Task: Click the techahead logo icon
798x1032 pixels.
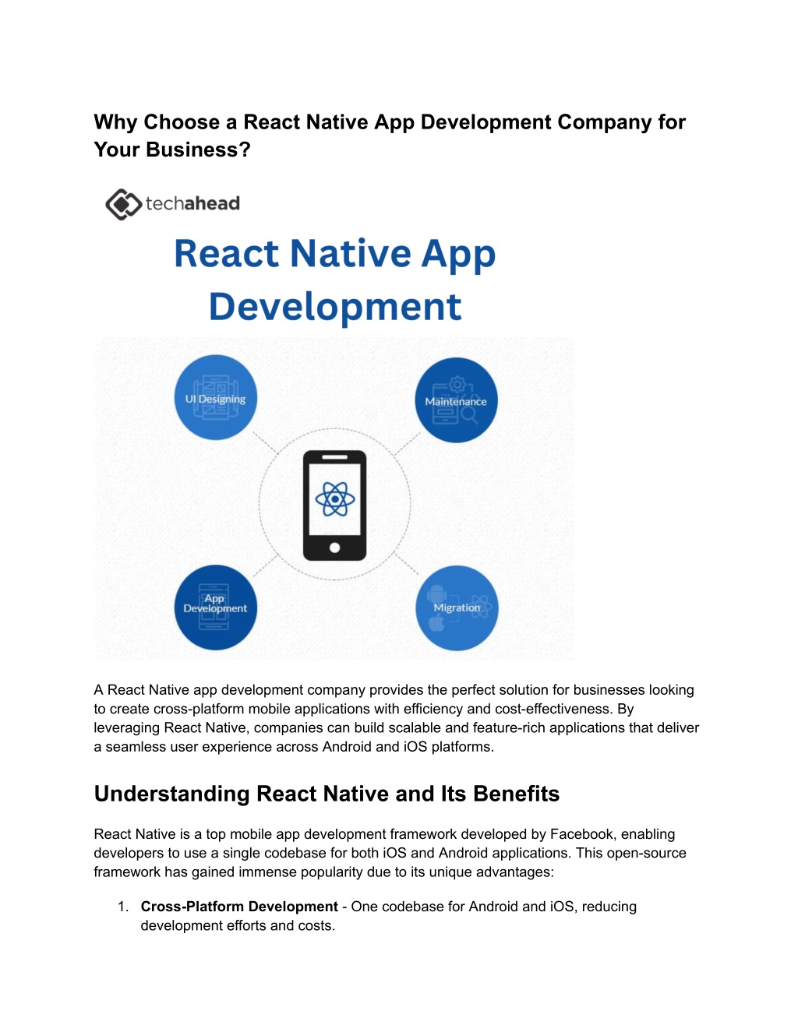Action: pyautogui.click(x=123, y=204)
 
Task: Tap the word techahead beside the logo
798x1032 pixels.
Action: pyautogui.click(x=192, y=204)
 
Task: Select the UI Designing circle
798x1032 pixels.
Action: pyautogui.click(x=216, y=397)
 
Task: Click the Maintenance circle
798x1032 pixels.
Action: pyautogui.click(x=456, y=400)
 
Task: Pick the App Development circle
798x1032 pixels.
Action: pyautogui.click(x=216, y=607)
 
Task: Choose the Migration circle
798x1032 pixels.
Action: pyautogui.click(x=457, y=608)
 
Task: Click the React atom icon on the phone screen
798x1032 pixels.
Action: pyautogui.click(x=335, y=499)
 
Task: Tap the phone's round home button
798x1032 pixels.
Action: pyautogui.click(x=334, y=548)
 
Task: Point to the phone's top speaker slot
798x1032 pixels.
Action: pyautogui.click(x=334, y=457)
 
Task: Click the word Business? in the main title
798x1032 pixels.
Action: pyautogui.click(x=198, y=150)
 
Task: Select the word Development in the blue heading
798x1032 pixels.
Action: pyautogui.click(x=335, y=307)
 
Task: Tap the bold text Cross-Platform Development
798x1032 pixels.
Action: pyautogui.click(x=239, y=907)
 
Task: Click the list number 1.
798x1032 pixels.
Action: pyautogui.click(x=123, y=907)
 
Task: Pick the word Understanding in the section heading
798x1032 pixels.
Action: pyautogui.click(x=172, y=794)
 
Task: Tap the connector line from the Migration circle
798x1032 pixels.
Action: pyautogui.click(x=407, y=564)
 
